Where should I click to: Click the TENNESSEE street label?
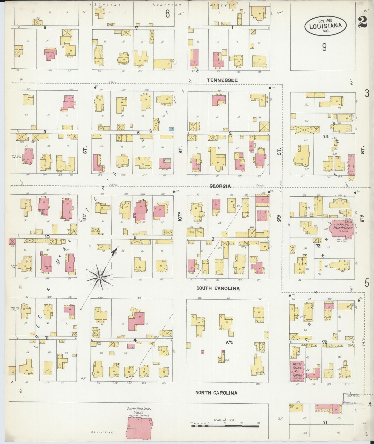click(x=222, y=80)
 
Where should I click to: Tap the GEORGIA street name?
click(x=220, y=186)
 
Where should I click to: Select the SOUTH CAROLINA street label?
click(x=218, y=288)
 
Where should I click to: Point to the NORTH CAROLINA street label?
click(x=216, y=393)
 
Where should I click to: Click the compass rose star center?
click(x=99, y=278)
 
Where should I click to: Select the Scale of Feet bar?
click(x=225, y=425)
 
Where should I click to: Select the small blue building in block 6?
click(x=171, y=128)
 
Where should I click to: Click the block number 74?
click(x=325, y=136)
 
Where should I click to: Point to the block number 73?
click(x=318, y=245)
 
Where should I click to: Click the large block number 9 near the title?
click(x=324, y=47)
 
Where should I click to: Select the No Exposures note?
click(x=102, y=432)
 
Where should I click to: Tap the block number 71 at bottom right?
click(x=325, y=422)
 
